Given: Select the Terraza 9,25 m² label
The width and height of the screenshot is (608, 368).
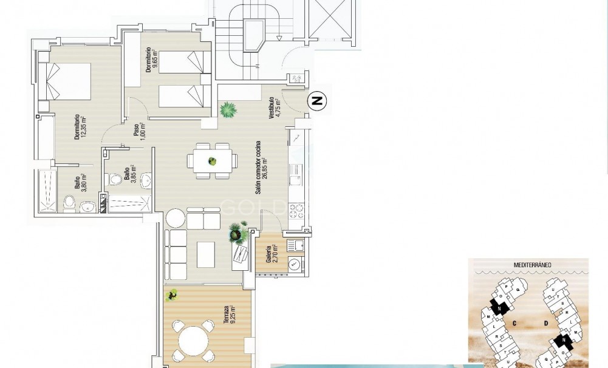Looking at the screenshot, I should [228, 316].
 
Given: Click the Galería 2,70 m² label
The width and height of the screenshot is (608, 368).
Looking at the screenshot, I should [270, 254].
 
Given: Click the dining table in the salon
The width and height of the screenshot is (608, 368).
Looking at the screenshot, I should [212, 162].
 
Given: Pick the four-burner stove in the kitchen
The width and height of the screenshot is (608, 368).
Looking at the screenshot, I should [296, 210].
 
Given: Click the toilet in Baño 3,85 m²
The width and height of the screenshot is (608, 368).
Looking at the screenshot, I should [114, 179].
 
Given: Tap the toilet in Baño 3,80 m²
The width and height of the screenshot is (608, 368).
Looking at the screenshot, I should [69, 203].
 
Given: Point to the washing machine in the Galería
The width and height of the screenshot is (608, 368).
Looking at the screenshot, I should [295, 264].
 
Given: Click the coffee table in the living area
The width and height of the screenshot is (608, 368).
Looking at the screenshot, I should [207, 254].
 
